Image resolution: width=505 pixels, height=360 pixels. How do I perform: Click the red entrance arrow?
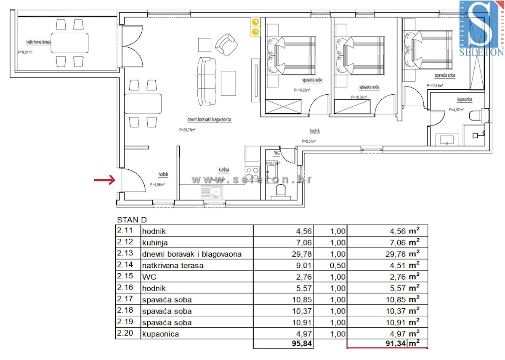105,181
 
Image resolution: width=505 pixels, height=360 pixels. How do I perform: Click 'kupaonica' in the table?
160,334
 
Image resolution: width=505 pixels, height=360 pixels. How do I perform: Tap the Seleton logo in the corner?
481,28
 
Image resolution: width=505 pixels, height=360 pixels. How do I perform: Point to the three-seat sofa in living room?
207,82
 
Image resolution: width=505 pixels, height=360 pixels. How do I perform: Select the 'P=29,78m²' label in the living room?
187,130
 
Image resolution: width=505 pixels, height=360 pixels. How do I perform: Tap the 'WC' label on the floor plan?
276,152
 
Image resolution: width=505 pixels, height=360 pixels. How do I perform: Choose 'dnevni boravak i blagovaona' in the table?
192,254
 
